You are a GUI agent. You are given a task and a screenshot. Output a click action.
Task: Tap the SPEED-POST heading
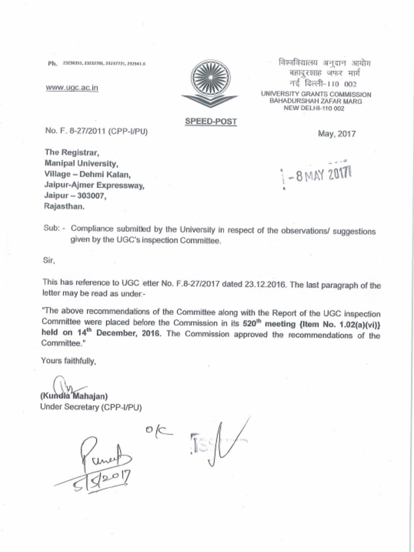click(x=211, y=121)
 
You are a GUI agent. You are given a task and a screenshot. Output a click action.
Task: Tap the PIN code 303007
click(x=89, y=196)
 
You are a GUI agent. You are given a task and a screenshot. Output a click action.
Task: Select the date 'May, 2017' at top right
click(x=337, y=134)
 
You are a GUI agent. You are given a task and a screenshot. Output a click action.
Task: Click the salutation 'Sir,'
click(x=49, y=261)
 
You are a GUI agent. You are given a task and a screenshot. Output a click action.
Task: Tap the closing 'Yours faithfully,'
click(x=68, y=361)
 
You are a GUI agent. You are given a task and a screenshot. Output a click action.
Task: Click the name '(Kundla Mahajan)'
click(x=74, y=396)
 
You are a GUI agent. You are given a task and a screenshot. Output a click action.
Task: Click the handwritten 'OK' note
click(x=158, y=431)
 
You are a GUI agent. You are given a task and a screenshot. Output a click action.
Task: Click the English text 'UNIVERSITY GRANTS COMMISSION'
click(x=316, y=94)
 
